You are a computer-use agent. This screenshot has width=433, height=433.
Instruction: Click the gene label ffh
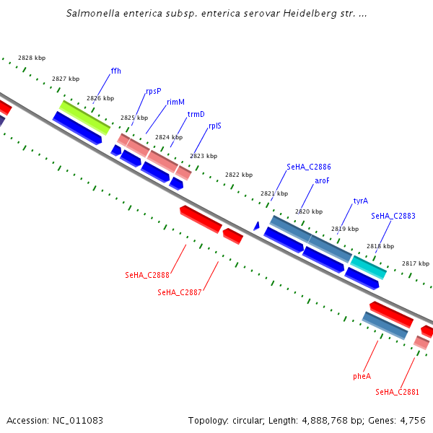(x=115, y=71)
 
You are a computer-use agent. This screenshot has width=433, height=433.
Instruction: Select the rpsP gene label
(x=153, y=91)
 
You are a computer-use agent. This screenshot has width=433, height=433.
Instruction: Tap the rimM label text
(x=175, y=102)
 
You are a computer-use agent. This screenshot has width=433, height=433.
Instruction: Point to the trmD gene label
(x=196, y=114)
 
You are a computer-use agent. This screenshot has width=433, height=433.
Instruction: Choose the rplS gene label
(x=215, y=126)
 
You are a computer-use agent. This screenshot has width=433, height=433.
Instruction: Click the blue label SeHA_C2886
(x=308, y=167)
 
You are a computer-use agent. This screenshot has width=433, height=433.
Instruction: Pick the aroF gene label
(x=322, y=181)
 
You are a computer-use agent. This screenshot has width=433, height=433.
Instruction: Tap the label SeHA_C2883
(x=393, y=216)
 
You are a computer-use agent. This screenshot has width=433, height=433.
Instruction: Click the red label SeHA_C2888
(x=146, y=275)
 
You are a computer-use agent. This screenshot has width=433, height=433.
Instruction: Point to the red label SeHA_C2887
(x=179, y=292)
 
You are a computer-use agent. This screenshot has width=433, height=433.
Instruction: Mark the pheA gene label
(x=362, y=376)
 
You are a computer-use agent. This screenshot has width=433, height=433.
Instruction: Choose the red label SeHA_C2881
(x=397, y=392)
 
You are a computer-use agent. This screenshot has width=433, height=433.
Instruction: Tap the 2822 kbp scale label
(x=239, y=175)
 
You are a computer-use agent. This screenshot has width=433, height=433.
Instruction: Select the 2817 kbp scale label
(x=416, y=263)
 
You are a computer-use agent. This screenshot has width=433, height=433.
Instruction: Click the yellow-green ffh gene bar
(x=84, y=118)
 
